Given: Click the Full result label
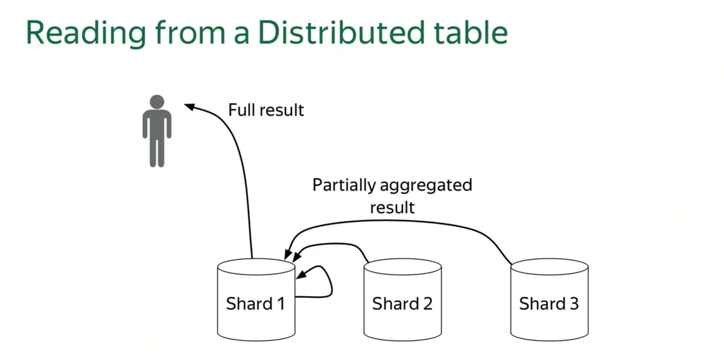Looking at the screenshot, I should tap(266, 110).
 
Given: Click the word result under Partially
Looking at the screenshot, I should tap(392, 207).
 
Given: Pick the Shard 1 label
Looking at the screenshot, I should tap(255, 303).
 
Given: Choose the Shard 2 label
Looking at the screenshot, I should tap(402, 303).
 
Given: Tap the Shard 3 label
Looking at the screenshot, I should tap(549, 303).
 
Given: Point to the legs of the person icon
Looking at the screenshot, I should tap(157, 151).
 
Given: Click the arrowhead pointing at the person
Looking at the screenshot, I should tap(189, 107).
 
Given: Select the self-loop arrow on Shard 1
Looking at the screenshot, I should tap(329, 283).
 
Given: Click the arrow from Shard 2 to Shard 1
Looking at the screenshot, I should tap(338, 244).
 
